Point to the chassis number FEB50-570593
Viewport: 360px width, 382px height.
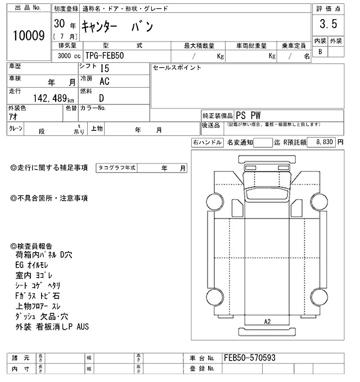click(x=249, y=357)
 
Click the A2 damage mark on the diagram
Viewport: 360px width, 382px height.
click(x=267, y=321)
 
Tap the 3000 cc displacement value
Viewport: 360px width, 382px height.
click(x=67, y=56)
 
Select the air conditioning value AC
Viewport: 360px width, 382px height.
click(x=104, y=81)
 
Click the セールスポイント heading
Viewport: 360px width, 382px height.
click(x=177, y=68)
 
